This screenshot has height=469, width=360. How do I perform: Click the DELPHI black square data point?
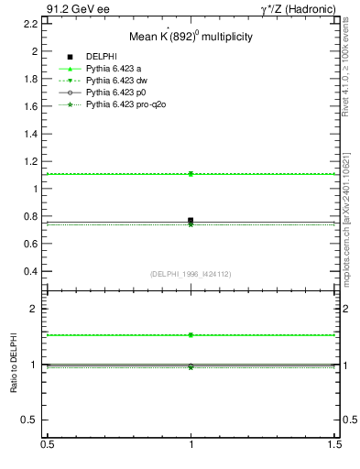(191, 221)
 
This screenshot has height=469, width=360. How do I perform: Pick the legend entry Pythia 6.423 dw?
(118, 81)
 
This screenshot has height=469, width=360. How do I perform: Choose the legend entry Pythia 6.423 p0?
(118, 93)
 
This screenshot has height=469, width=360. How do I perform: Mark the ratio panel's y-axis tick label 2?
(36, 310)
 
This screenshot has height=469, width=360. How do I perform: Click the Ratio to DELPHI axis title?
(14, 364)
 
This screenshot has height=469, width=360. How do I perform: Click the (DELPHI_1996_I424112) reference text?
(191, 273)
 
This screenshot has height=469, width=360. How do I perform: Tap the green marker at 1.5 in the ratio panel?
(191, 335)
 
